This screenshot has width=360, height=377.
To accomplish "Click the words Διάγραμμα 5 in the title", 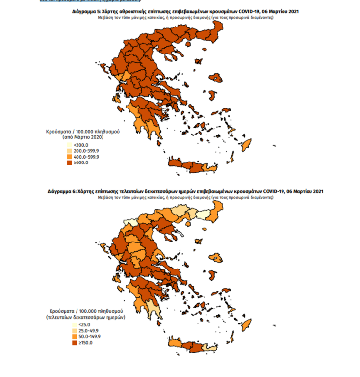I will point(86,11).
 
